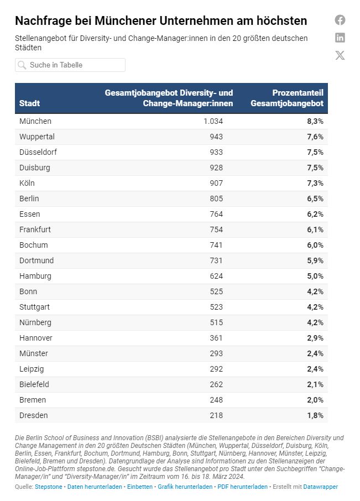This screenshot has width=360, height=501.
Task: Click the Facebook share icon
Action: (x=340, y=20)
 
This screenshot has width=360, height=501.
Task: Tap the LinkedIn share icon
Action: (x=340, y=38)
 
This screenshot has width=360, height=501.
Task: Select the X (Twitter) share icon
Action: (x=340, y=55)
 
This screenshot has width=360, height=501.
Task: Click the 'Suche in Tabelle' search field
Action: (x=70, y=65)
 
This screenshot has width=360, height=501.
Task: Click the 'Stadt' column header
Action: (x=30, y=103)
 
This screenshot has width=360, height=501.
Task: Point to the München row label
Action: (x=35, y=121)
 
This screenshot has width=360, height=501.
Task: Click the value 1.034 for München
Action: (x=213, y=121)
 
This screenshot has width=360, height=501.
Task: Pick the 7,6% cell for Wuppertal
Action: (x=314, y=137)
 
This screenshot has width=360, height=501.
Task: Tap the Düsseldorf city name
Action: (x=38, y=152)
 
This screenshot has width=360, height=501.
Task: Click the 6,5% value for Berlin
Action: (x=314, y=199)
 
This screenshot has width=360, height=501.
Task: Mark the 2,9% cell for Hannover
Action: (x=314, y=338)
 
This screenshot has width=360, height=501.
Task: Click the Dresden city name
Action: (x=34, y=415)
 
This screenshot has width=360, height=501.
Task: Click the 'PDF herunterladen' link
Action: (x=243, y=487)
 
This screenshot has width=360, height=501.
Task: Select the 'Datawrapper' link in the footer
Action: (x=321, y=487)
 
